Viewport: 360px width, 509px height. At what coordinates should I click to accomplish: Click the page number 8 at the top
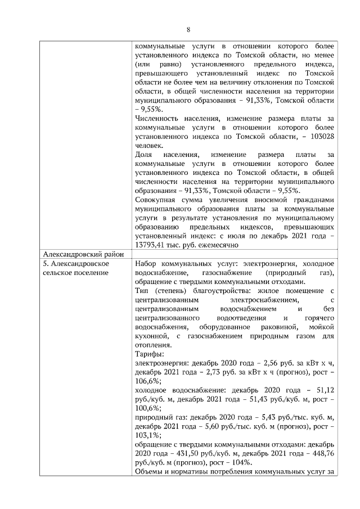188,30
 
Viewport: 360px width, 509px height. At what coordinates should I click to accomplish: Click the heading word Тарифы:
150,354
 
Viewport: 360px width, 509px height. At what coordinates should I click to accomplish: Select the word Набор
147,263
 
